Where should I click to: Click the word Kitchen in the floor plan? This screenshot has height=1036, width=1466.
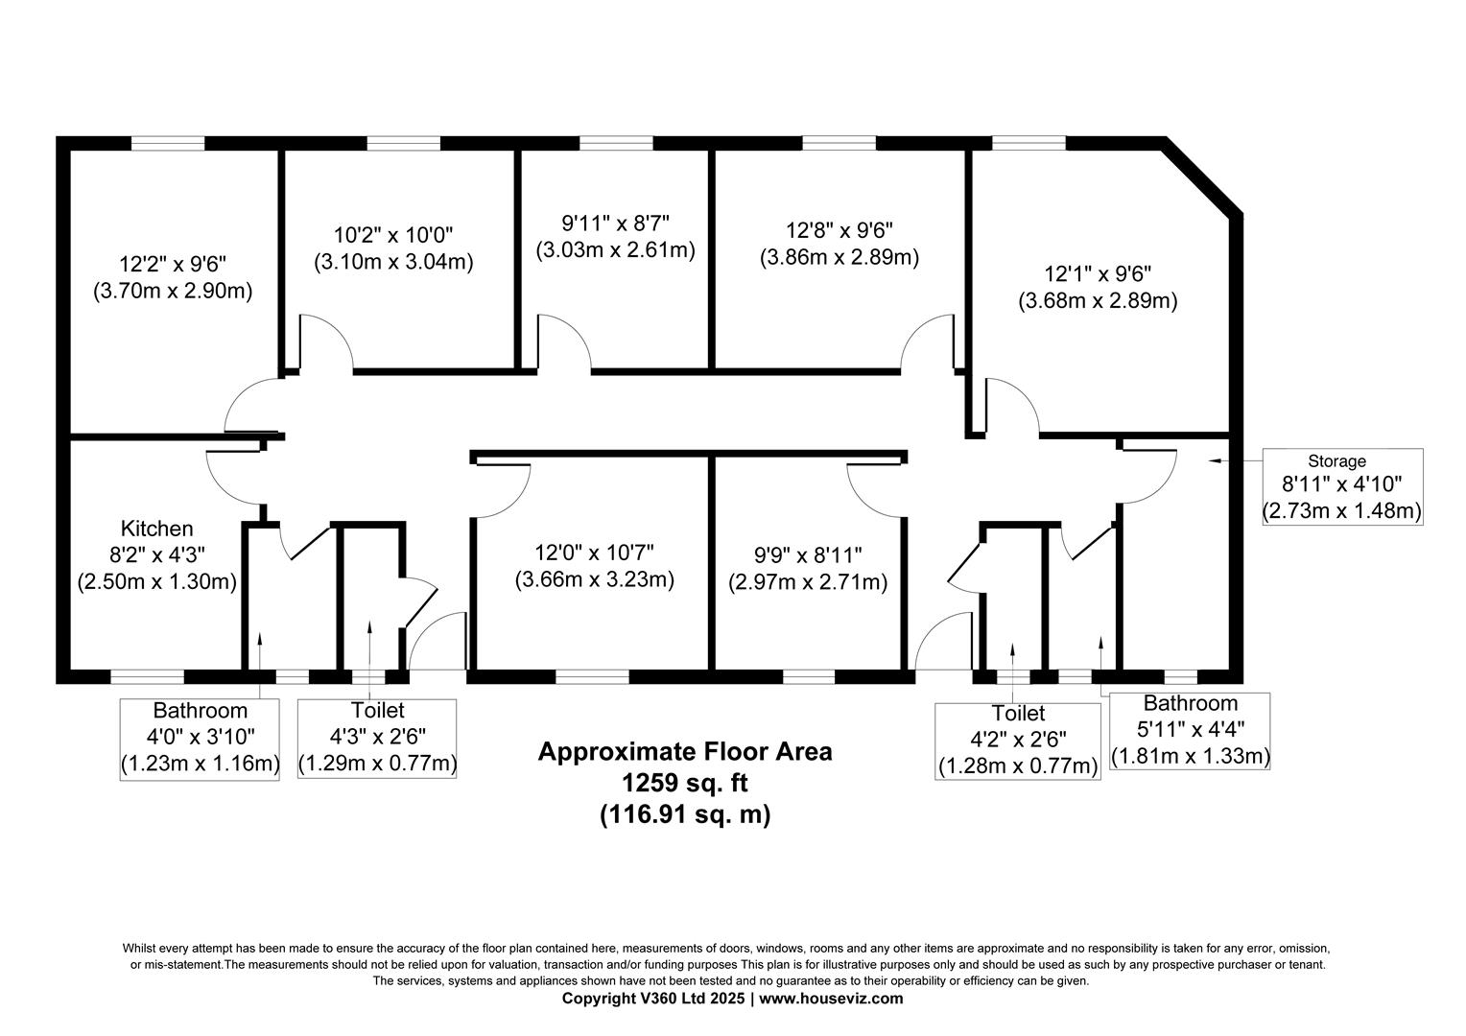[156, 529]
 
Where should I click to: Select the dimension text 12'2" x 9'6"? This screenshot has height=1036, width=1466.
[173, 263]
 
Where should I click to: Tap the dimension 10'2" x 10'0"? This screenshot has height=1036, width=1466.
[393, 234]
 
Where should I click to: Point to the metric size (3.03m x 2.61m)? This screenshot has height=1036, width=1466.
[615, 250]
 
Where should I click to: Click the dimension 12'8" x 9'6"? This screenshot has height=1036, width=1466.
[839, 230]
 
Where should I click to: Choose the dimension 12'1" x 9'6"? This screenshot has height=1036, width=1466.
[1098, 272]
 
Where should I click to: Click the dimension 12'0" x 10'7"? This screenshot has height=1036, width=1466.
[594, 553]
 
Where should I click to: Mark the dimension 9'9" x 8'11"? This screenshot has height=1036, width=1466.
[807, 554]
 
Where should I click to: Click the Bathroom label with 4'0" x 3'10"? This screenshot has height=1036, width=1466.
[200, 711]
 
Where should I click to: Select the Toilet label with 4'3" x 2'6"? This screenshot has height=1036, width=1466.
[377, 711]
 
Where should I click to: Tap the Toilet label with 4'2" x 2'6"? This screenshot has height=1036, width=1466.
[1018, 714]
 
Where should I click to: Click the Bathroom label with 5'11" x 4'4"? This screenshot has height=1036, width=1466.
[1190, 704]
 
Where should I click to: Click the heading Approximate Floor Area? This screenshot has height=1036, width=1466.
[684, 751]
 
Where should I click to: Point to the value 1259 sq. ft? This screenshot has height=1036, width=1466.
[684, 783]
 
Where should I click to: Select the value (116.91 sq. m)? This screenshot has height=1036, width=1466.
[684, 814]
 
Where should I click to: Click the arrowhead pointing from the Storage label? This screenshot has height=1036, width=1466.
[1214, 461]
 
